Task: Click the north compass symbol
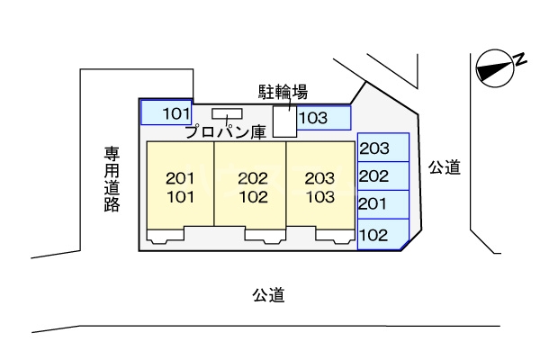pyautogui.click(x=492, y=68)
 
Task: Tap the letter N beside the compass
pyautogui.click(x=519, y=58)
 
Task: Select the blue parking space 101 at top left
pyautogui.click(x=166, y=112)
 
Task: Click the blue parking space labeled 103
pyautogui.click(x=323, y=118)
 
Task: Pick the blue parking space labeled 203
pyautogui.click(x=383, y=148)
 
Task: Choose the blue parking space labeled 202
pyautogui.click(x=383, y=175)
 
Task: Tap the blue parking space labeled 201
pyautogui.click(x=383, y=204)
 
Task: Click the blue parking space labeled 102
pyautogui.click(x=382, y=235)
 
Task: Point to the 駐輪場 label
pyautogui.click(x=283, y=91)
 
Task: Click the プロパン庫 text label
pyautogui.click(x=225, y=131)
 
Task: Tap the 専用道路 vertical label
pyautogui.click(x=112, y=180)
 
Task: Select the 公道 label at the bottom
pyautogui.click(x=268, y=294)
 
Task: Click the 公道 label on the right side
pyautogui.click(x=444, y=166)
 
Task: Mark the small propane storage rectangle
pyautogui.click(x=227, y=113)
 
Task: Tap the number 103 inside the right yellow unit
pyautogui.click(x=320, y=194)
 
